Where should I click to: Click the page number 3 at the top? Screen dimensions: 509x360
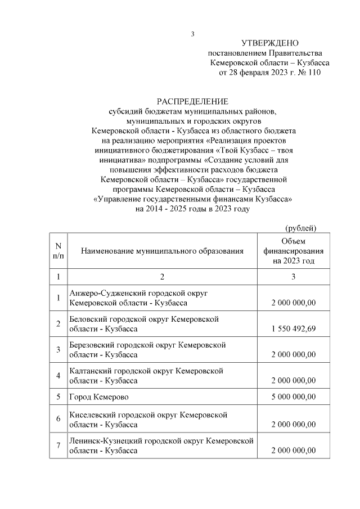click(192, 34)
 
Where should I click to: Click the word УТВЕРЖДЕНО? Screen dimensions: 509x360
click(269, 43)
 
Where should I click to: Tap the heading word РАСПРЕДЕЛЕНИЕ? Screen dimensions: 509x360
click(192, 102)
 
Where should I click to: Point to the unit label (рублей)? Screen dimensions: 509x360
click(301, 227)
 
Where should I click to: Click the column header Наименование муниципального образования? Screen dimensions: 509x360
click(162, 251)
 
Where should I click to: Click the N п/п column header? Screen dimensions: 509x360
click(58, 251)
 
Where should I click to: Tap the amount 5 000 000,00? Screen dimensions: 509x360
click(293, 397)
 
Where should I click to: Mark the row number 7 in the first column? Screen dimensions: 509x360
click(58, 446)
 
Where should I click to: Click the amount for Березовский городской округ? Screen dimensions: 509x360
click(293, 355)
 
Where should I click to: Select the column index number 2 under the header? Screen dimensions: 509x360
click(162, 277)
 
